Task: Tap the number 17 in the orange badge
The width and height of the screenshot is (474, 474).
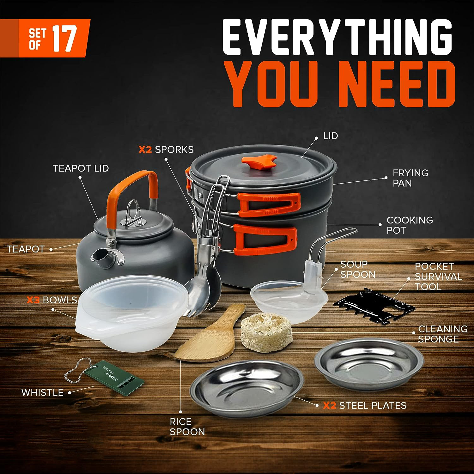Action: (64, 39)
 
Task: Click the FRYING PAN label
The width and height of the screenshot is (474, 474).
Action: (410, 178)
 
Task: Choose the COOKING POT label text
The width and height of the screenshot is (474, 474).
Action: (410, 225)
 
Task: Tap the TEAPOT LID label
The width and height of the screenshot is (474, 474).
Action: (81, 168)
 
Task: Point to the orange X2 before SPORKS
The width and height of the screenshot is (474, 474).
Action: (145, 149)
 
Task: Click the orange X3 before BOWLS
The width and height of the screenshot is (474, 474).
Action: (33, 300)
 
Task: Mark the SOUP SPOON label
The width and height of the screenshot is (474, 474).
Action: (358, 269)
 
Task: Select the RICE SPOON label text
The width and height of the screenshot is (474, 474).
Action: (187, 427)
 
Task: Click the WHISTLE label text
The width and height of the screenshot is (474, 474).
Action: (42, 392)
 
